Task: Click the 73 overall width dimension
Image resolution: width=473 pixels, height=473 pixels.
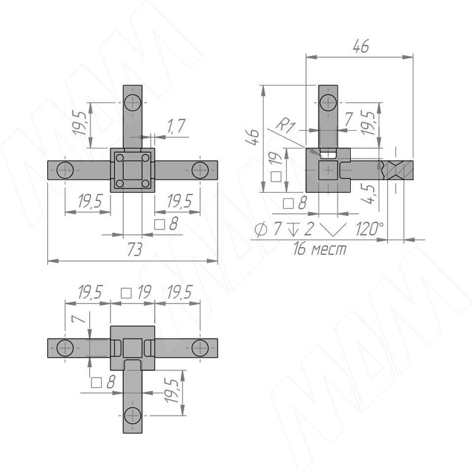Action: pyautogui.click(x=135, y=250)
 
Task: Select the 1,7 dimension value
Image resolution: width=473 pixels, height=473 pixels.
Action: pyautogui.click(x=176, y=126)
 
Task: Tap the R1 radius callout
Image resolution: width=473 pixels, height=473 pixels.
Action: pyautogui.click(x=285, y=125)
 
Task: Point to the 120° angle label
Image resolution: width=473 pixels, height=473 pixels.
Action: pyautogui.click(x=370, y=229)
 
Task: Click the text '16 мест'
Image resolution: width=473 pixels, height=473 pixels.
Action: pyautogui.click(x=320, y=249)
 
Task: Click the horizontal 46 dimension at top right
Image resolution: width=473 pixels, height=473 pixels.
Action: pyautogui.click(x=361, y=47)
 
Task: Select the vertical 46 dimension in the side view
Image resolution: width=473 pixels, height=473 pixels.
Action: pyautogui.click(x=252, y=137)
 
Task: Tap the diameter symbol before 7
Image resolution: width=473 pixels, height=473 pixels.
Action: pyautogui.click(x=261, y=230)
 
